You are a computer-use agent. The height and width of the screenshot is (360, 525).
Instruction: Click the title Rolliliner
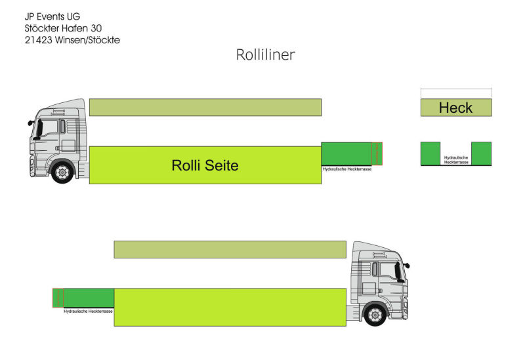pyautogui.click(x=265, y=55)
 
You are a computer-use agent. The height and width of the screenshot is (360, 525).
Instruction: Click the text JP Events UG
pyautogui.click(x=52, y=16)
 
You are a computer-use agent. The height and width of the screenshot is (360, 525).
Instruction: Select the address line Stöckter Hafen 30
pyautogui.click(x=63, y=28)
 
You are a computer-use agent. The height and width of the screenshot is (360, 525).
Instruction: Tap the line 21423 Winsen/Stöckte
pyautogui.click(x=72, y=39)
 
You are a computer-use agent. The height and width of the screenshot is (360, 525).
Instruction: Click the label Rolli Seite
pyautogui.click(x=205, y=166)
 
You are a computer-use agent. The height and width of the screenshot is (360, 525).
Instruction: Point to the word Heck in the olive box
pyautogui.click(x=455, y=108)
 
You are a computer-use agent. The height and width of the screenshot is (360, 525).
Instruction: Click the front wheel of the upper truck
pyautogui.click(x=62, y=172)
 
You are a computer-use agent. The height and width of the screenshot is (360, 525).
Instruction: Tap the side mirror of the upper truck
pyautogui.click(x=31, y=122)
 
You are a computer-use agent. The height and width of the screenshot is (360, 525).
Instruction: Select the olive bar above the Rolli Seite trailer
pyautogui.click(x=205, y=107)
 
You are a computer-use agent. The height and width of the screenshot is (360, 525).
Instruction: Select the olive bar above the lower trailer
pyautogui.click(x=230, y=249)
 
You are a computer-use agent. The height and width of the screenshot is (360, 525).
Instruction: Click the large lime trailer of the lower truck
pyautogui.click(x=230, y=307)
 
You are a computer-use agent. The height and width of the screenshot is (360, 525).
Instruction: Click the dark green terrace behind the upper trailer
pyautogui.click(x=346, y=153)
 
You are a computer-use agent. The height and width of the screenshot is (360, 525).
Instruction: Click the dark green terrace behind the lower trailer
pyautogui.click(x=88, y=297)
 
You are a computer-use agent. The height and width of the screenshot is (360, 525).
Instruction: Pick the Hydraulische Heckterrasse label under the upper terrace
pyautogui.click(x=347, y=169)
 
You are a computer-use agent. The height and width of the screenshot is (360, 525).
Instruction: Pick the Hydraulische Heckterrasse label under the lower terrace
pyautogui.click(x=88, y=311)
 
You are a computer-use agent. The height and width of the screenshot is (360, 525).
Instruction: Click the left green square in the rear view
pyautogui.click(x=430, y=153)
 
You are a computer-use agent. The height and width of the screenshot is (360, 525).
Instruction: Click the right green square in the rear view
pyautogui.click(x=481, y=153)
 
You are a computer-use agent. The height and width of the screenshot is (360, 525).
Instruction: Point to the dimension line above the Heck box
pyautogui.click(x=455, y=90)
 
